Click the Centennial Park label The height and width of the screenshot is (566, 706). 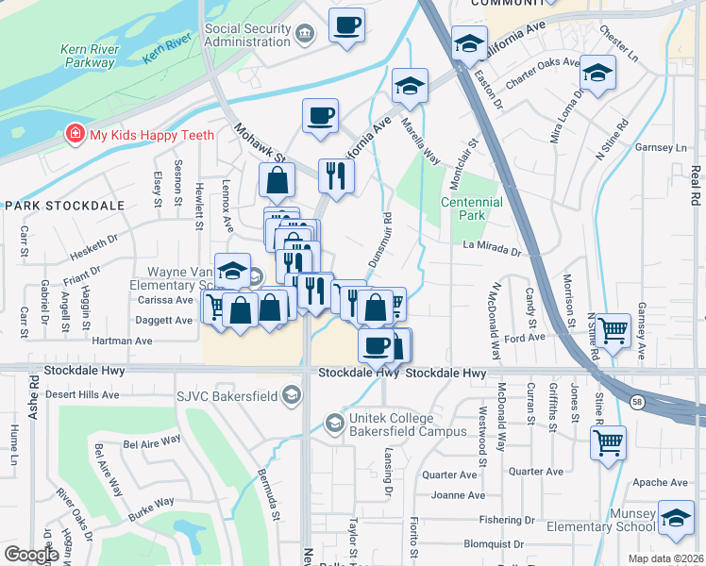point(462,208)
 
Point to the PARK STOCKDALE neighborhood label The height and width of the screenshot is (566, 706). point(50,205)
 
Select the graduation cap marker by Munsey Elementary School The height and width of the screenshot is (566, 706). point(676,520)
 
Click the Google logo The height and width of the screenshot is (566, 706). point(31,555)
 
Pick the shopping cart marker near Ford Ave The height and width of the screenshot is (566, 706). point(614,331)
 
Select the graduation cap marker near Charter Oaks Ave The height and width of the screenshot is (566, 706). point(597,73)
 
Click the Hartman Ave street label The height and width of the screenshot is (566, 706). point(122,341)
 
